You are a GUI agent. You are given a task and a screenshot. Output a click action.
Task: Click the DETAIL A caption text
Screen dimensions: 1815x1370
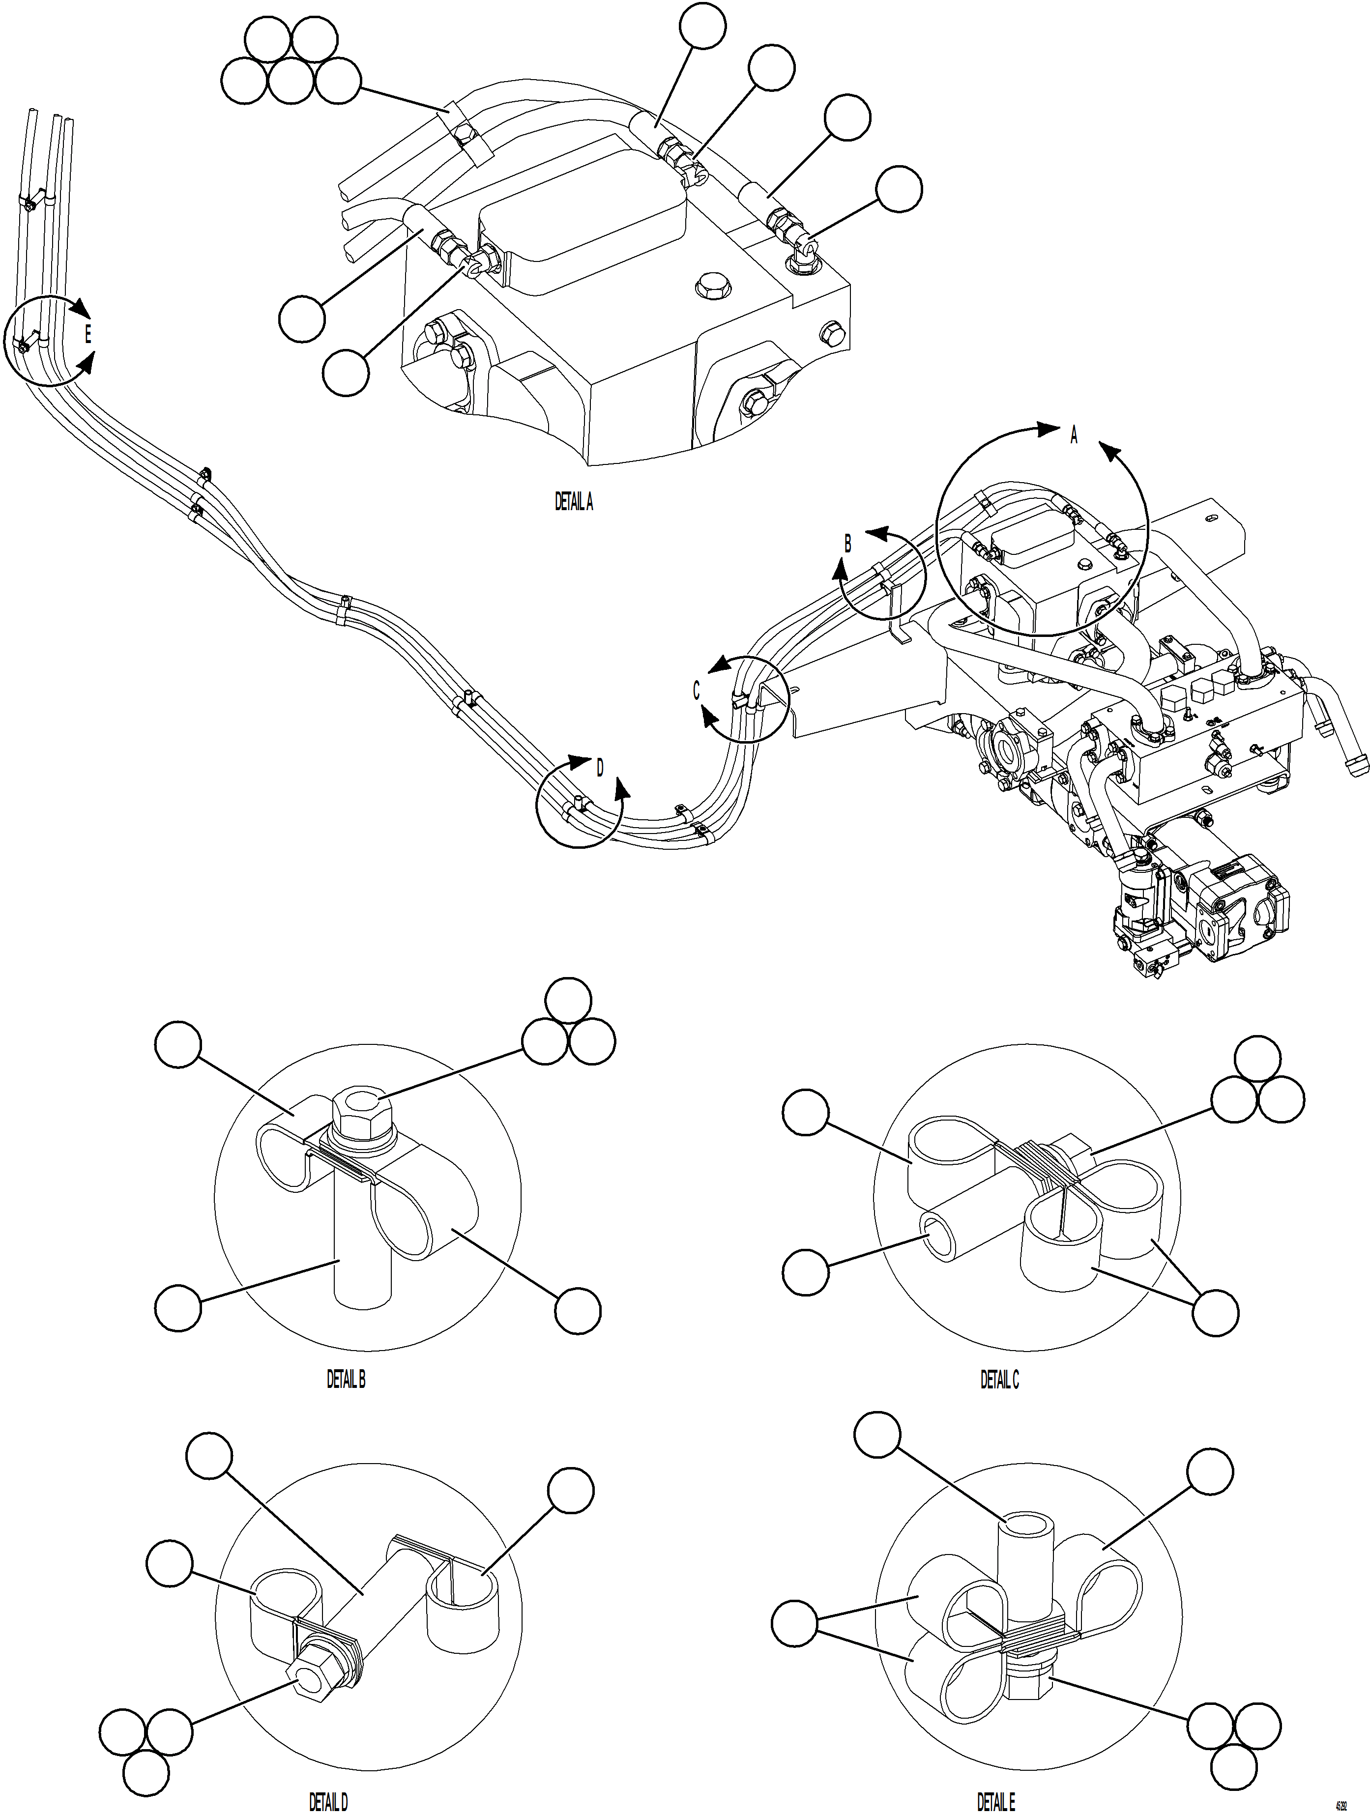tap(573, 502)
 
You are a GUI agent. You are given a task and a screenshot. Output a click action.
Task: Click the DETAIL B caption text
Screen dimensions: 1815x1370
tap(346, 1379)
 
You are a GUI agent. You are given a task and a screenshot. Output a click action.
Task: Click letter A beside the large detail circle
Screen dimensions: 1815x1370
tap(1073, 436)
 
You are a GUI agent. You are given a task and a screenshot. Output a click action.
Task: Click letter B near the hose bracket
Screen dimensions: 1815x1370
tap(848, 543)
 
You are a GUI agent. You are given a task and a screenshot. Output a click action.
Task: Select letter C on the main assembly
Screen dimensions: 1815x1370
tap(696, 691)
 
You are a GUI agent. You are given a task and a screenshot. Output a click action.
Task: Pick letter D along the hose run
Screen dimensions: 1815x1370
tap(600, 768)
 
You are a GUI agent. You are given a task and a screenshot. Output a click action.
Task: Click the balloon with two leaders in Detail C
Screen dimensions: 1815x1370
tap(1215, 1313)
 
